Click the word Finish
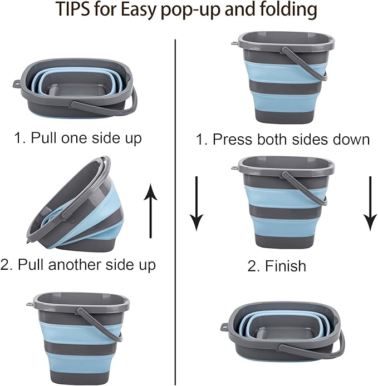[x=285, y=266]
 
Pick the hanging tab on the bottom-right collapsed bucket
[x=224, y=326]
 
